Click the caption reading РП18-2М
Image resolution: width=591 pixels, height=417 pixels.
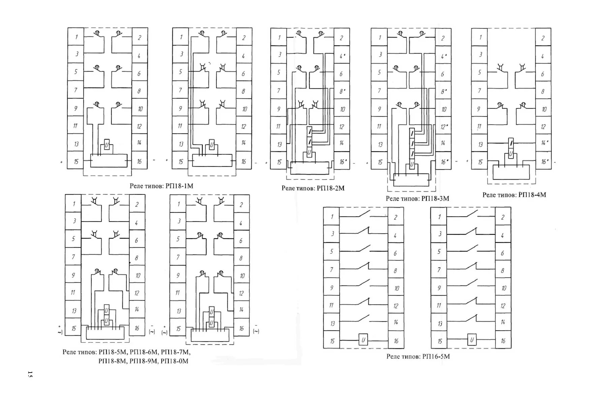pos(331,188)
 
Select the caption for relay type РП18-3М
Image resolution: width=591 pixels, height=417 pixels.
pos(435,199)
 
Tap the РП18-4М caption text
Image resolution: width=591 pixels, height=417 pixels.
pos(532,195)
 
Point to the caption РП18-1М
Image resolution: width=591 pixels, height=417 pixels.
pos(179,186)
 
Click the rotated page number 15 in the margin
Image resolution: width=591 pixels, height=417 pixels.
pos(30,374)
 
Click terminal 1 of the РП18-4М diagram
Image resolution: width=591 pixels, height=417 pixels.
pos(479,37)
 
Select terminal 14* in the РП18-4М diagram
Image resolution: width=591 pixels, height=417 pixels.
pos(543,143)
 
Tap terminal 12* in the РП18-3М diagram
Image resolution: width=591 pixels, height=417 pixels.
pos(443,127)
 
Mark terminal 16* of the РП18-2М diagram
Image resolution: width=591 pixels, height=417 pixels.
pos(342,162)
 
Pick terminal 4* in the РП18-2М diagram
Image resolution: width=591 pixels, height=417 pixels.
pos(342,56)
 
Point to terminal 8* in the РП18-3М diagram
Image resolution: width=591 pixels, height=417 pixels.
pos(443,91)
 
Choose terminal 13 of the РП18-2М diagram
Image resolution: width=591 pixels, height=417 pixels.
pos(279,144)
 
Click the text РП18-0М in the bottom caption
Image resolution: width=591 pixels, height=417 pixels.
pos(175,361)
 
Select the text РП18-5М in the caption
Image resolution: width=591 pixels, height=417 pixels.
pos(113,352)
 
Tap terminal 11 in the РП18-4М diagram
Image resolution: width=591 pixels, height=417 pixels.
pos(479,127)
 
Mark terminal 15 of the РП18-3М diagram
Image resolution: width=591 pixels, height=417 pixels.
pos(379,162)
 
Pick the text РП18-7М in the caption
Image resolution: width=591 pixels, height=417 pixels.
pos(175,352)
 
